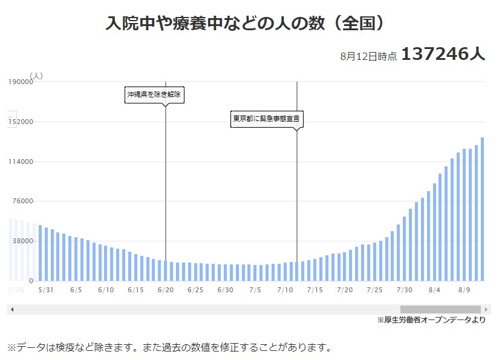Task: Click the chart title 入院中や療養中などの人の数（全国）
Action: [245, 24]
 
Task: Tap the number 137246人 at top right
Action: [443, 54]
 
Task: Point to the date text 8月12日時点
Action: [368, 56]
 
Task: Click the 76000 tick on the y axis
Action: [22, 201]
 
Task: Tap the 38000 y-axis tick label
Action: [22, 241]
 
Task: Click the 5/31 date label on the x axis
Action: [45, 290]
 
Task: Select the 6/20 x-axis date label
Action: [165, 290]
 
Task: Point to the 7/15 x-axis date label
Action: [315, 290]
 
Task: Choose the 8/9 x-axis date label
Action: [464, 290]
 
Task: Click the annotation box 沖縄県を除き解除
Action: [154, 95]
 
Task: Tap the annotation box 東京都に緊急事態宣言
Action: [266, 119]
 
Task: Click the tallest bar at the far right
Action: [482, 209]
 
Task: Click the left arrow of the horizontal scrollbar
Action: [11, 310]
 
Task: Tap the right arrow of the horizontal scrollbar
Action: [487, 310]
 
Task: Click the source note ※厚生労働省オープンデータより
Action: [431, 320]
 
